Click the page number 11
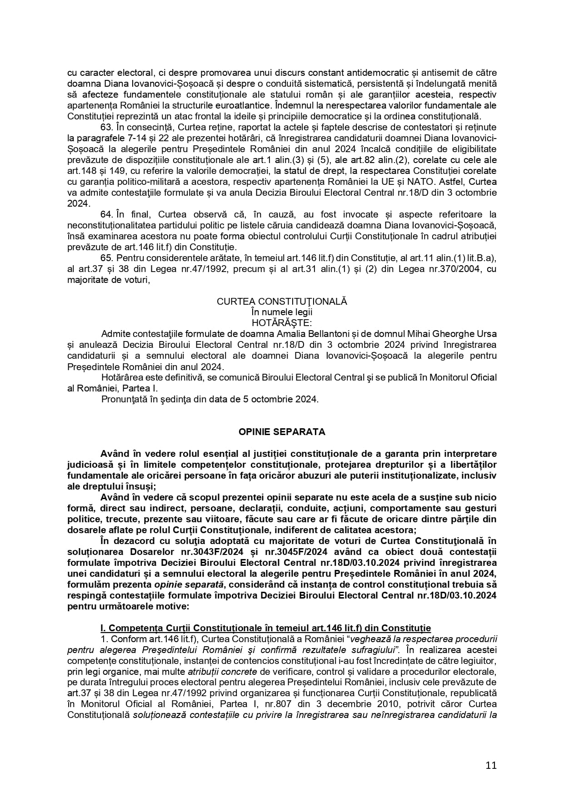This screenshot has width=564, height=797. pos(491,765)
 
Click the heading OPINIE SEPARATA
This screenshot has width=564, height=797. pos(282,432)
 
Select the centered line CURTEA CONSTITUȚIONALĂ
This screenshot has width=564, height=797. pos(282,301)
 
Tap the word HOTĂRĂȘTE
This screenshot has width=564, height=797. pos(282,323)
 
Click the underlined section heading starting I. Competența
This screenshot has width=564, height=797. pos(265,628)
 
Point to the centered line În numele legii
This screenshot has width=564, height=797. pos(282,312)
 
